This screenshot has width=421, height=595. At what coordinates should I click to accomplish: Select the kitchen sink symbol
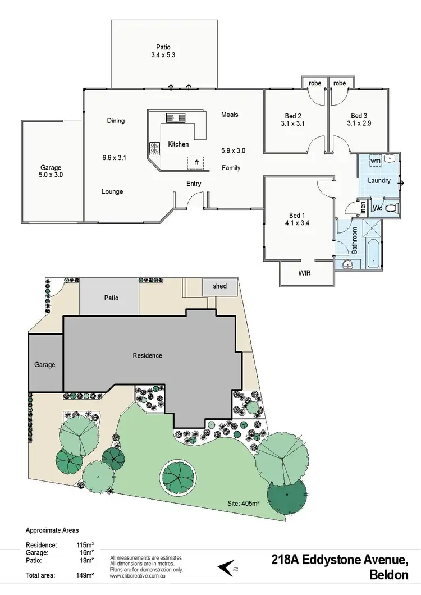pyautogui.click(x=175, y=117)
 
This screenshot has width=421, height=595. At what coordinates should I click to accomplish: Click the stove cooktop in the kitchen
pyautogui.click(x=154, y=148)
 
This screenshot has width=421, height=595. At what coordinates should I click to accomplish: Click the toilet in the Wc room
pyautogui.click(x=391, y=208)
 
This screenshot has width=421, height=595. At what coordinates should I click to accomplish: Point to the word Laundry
pyautogui.click(x=379, y=180)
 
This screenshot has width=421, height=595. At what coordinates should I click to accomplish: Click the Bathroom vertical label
pyautogui.click(x=355, y=240)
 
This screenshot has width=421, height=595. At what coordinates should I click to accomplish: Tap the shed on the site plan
pyautogui.click(x=220, y=286)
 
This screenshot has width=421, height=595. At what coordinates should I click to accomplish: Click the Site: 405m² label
pyautogui.click(x=243, y=504)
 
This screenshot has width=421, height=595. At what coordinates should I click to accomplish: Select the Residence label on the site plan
pyautogui.click(x=148, y=355)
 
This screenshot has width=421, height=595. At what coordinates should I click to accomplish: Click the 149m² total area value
pyautogui.click(x=85, y=575)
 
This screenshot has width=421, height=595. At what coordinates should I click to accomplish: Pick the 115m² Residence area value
pyautogui.click(x=85, y=544)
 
